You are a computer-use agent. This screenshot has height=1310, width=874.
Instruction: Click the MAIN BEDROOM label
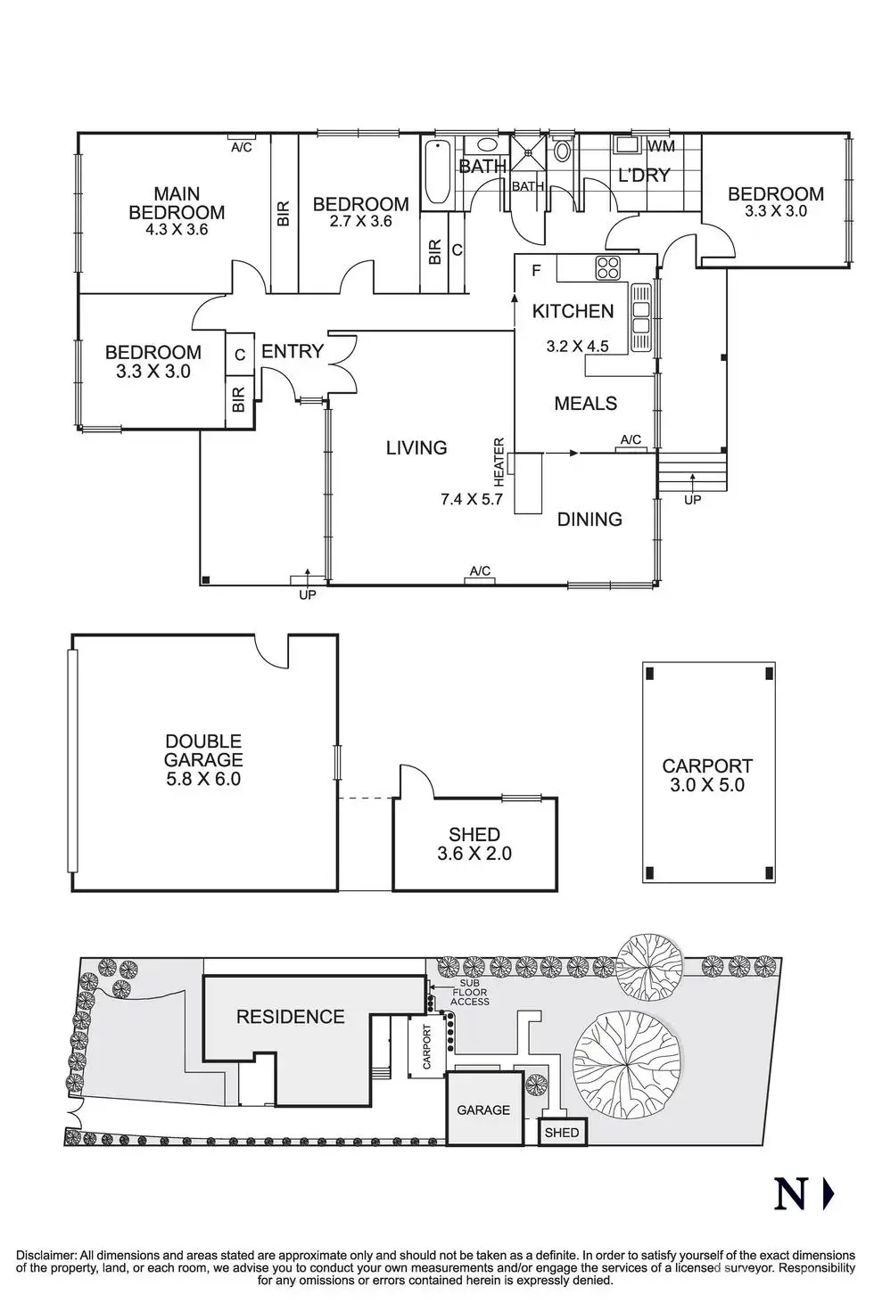(x=177, y=203)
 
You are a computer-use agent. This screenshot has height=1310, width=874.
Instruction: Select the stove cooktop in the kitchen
(x=608, y=268)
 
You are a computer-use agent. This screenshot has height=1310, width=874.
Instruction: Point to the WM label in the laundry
(x=661, y=146)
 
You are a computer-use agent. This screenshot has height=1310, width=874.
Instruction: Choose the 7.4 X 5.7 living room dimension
(x=472, y=499)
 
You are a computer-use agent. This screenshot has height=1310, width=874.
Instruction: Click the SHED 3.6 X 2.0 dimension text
(x=474, y=853)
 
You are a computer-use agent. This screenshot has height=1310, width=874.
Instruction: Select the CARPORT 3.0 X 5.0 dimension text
(x=707, y=785)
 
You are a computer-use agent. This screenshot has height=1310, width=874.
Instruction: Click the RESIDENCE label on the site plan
(x=290, y=1017)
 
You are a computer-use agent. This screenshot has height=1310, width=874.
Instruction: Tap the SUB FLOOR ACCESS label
(x=469, y=991)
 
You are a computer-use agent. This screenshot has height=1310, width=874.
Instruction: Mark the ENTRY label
(x=292, y=352)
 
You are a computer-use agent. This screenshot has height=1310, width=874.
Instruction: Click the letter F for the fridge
(x=536, y=270)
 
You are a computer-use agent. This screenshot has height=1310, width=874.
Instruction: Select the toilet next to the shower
(x=562, y=150)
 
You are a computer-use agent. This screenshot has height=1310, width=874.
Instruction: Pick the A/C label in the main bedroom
(x=241, y=147)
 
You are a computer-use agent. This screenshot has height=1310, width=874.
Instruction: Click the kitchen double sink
(x=641, y=319)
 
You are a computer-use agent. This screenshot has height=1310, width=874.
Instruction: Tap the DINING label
(x=590, y=519)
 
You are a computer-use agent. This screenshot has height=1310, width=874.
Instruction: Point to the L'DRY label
(x=644, y=175)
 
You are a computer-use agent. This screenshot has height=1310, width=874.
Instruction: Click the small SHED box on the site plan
(x=562, y=1132)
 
